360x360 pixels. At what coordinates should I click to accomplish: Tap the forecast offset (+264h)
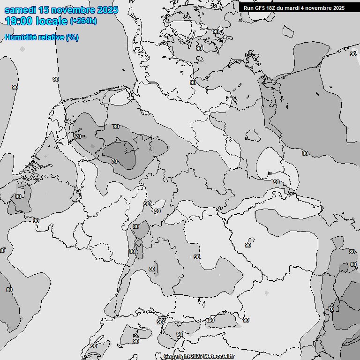click(x=83, y=21)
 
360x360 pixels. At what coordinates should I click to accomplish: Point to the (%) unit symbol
click(x=72, y=37)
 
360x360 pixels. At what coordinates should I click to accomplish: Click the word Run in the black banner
click(x=248, y=8)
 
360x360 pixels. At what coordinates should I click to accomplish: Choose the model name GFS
click(x=260, y=8)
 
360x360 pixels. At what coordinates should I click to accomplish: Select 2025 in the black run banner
click(x=339, y=8)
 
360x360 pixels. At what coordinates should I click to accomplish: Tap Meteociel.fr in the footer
click(x=219, y=357)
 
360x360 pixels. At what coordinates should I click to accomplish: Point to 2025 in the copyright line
click(x=196, y=357)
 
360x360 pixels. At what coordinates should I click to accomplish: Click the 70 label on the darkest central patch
click(x=114, y=161)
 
